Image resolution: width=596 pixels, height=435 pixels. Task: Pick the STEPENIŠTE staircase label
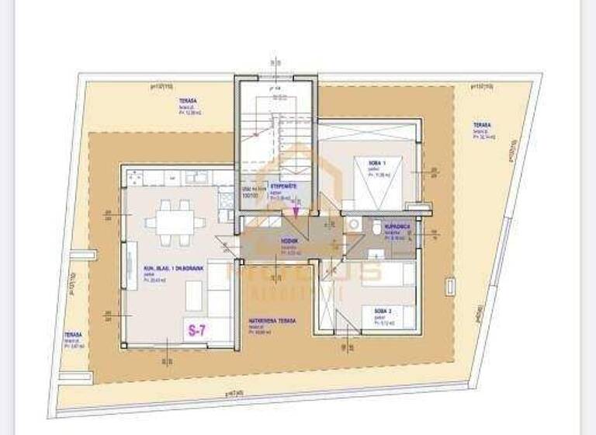pos(281,186)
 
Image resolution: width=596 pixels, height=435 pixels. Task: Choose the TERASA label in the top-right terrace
pos(483,125)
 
